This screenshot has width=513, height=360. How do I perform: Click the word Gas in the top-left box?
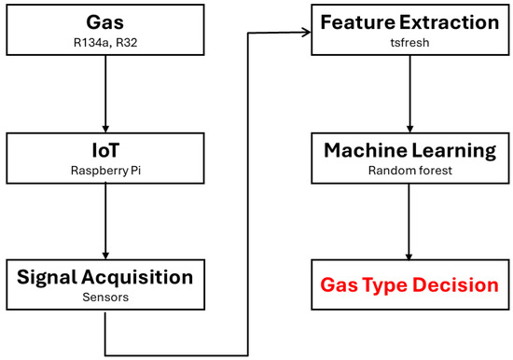click(x=104, y=21)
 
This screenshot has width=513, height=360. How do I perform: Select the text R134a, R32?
click(x=104, y=41)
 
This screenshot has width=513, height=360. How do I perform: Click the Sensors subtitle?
click(x=104, y=297)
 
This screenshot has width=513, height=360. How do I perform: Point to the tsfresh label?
click(x=408, y=41)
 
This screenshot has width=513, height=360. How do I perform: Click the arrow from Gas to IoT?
click(x=104, y=93)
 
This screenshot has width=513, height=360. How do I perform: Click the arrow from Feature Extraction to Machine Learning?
click(x=408, y=93)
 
